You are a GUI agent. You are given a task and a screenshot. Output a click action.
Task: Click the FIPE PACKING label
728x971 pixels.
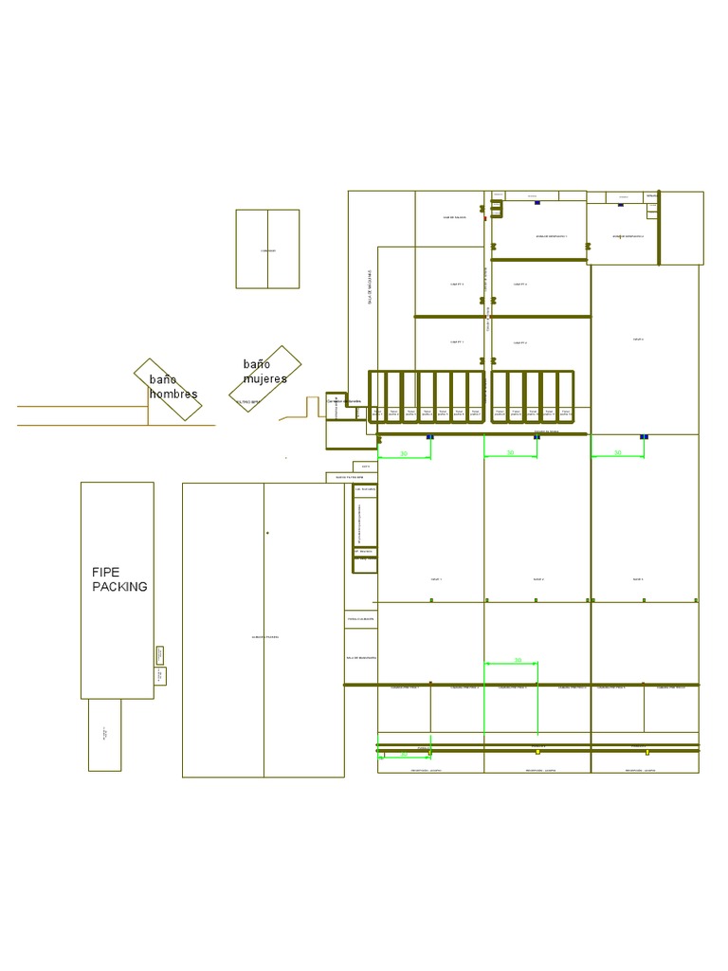pyautogui.click(x=118, y=579)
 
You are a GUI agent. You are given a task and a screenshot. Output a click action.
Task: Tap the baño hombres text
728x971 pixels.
pyautogui.click(x=173, y=387)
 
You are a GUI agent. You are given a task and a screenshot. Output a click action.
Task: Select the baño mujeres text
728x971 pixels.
pyautogui.click(x=264, y=372)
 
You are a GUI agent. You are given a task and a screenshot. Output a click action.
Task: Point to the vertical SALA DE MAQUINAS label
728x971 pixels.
pyautogui.click(x=371, y=285)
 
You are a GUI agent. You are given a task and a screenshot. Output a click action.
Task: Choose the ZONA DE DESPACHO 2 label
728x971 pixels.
pyautogui.click(x=628, y=236)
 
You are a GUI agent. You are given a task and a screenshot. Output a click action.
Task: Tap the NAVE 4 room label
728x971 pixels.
pyautogui.click(x=638, y=339)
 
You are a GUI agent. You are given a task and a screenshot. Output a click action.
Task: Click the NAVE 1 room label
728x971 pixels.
pyautogui.click(x=436, y=578)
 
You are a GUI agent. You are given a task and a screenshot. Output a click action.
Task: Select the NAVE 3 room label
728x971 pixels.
pyautogui.click(x=638, y=578)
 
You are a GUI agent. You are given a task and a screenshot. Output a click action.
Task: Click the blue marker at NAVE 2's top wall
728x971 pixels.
pyautogui.click(x=537, y=437)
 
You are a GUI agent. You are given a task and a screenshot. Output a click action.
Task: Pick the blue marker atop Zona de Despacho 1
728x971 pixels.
pyautogui.click(x=537, y=203)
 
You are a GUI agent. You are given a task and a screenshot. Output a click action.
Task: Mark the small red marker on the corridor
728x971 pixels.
pyautogui.click(x=485, y=219)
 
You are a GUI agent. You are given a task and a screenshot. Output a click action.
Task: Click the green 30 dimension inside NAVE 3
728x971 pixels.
pyautogui.click(x=617, y=453)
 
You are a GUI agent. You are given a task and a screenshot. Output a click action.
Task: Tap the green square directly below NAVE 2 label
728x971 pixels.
pyautogui.click(x=537, y=600)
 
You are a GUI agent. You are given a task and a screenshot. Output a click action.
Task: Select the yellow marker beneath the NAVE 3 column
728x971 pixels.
pyautogui.click(x=647, y=752)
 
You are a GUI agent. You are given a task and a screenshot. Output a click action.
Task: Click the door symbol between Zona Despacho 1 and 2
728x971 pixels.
pyautogui.click(x=588, y=247)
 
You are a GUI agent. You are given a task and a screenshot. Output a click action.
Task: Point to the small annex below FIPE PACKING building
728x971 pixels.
pyautogui.click(x=104, y=735)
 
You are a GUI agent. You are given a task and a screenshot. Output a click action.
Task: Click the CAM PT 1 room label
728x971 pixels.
pyautogui.click(x=456, y=342)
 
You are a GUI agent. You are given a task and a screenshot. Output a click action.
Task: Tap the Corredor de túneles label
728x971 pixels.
pyautogui.click(x=343, y=401)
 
